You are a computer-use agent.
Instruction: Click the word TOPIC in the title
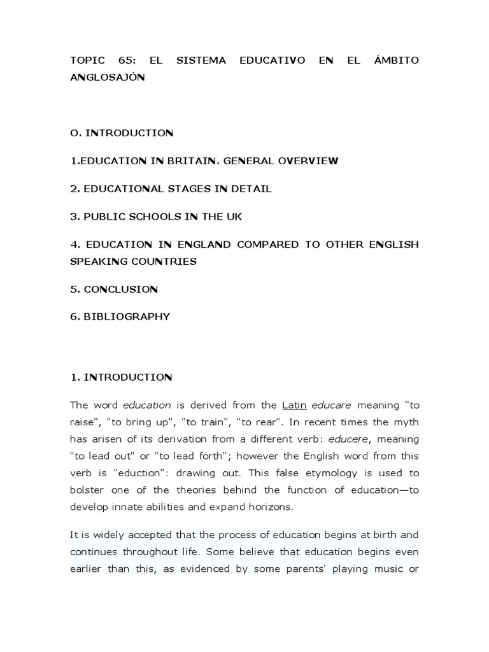coord(85,60)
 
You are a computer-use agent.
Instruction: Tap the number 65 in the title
coord(127,60)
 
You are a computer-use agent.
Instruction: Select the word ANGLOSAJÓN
coord(103,77)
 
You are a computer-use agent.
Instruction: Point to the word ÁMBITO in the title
coord(397,60)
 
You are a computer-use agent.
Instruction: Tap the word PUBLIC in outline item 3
coord(104,216)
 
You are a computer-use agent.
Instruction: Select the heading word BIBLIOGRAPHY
coord(127,316)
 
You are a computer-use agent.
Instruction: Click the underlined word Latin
coord(294,405)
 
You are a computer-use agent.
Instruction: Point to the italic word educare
coord(332,405)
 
